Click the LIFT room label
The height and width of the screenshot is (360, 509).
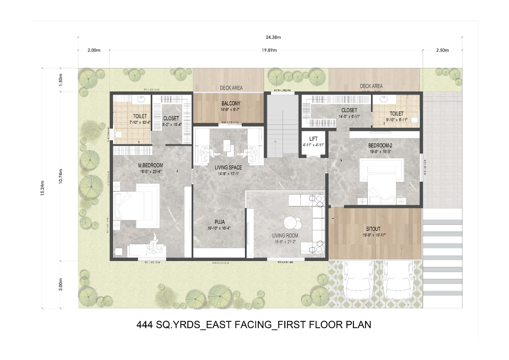pyautogui.click(x=313, y=139)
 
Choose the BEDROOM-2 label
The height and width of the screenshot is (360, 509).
pyautogui.click(x=380, y=145)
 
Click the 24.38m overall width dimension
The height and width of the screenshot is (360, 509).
pyautogui.click(x=273, y=37)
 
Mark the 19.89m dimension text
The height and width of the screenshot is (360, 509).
pyautogui.click(x=269, y=50)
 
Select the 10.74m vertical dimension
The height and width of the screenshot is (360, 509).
pyautogui.click(x=60, y=175)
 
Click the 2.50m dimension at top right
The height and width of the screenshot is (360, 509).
pyautogui.click(x=442, y=50)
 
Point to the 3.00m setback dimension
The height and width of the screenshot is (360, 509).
pyautogui.click(x=60, y=284)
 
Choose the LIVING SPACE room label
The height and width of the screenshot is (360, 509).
pyautogui.click(x=228, y=167)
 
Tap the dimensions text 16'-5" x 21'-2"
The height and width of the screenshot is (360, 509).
pyautogui.click(x=285, y=241)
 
